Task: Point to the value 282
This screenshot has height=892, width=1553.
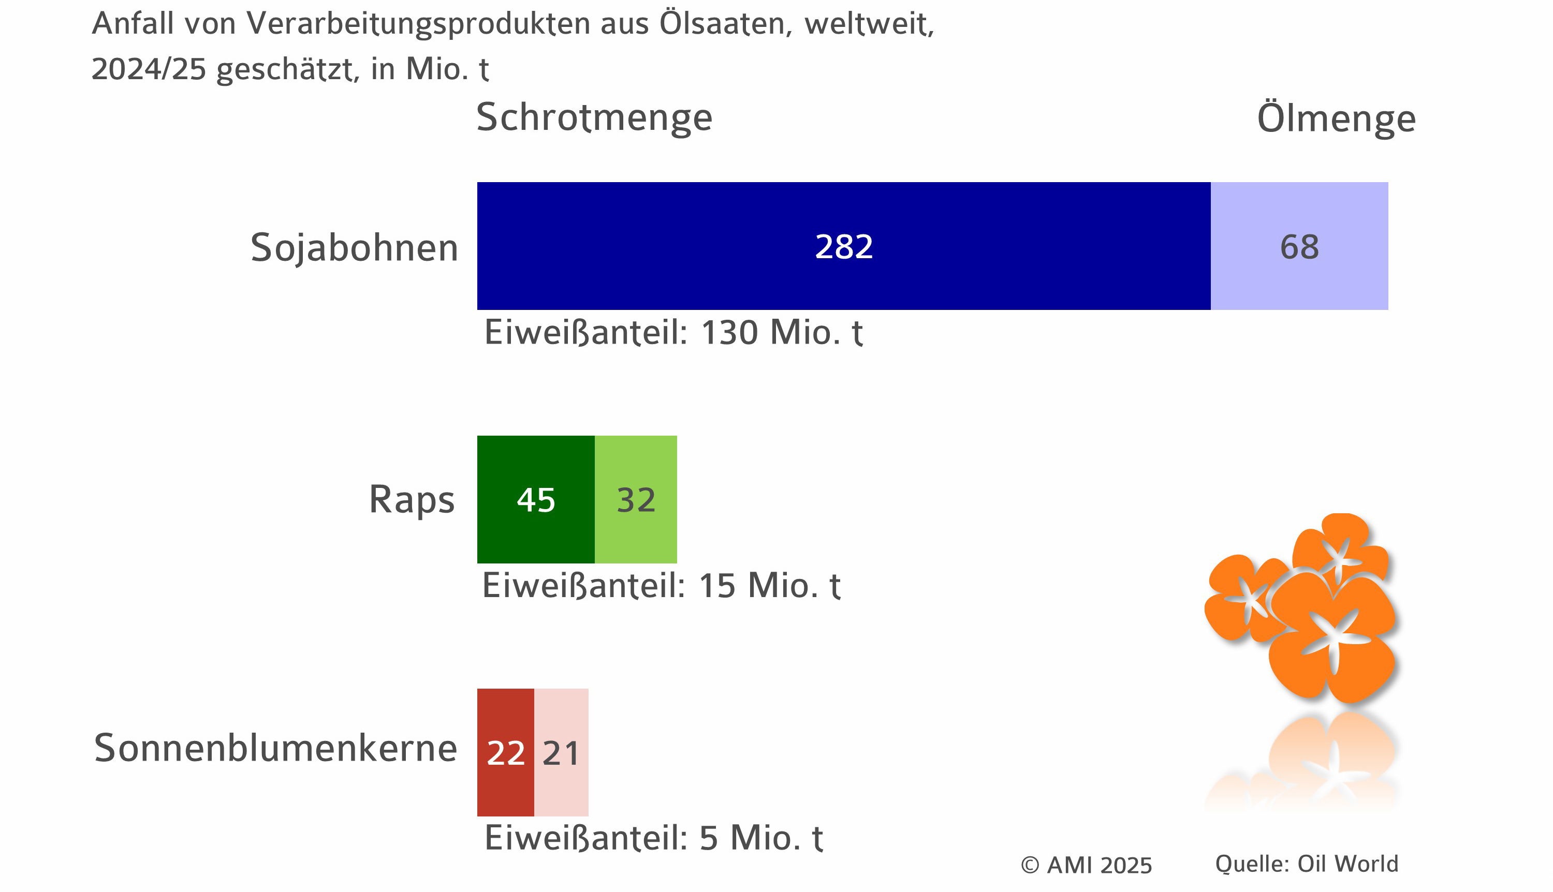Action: (843, 247)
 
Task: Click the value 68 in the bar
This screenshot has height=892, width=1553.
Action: (1299, 247)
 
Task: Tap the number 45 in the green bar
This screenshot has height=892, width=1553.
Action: (536, 500)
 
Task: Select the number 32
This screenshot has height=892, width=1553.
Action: (636, 500)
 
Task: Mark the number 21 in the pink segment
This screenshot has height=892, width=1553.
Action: (561, 753)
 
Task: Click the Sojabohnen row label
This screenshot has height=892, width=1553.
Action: (354, 248)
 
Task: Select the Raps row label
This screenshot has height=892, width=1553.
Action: (411, 499)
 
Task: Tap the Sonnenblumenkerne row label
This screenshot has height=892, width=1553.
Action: (275, 748)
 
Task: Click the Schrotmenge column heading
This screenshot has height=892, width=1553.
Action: (594, 117)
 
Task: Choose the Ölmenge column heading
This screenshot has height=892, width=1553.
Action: (1336, 117)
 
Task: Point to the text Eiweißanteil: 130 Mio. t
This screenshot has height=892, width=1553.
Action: (673, 333)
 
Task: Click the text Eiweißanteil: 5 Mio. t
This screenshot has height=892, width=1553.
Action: (653, 838)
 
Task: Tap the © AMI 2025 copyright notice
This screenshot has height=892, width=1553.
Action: (1086, 865)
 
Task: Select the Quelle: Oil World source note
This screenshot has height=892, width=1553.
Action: (1307, 864)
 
